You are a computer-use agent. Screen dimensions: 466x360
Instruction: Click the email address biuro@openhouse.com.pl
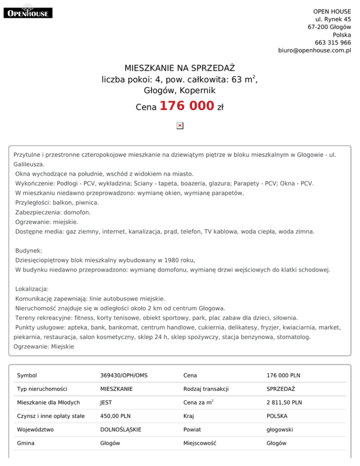pyautogui.click(x=314, y=50)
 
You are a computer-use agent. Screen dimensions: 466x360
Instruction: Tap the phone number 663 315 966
pyautogui.click(x=330, y=42)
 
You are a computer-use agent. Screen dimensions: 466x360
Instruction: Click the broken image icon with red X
pyautogui.click(x=180, y=126)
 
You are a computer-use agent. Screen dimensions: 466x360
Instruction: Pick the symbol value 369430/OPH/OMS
pyautogui.click(x=124, y=376)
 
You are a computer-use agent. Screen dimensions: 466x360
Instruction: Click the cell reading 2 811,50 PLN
pyautogui.click(x=284, y=402)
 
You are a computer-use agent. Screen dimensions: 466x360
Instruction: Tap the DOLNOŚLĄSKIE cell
pyautogui.click(x=121, y=429)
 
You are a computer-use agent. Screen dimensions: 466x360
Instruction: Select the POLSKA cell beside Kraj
pyautogui.click(x=277, y=416)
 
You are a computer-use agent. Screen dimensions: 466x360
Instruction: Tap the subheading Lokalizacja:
pyautogui.click(x=32, y=289)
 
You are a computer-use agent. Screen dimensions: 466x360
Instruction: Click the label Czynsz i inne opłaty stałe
pyautogui.click(x=51, y=416)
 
